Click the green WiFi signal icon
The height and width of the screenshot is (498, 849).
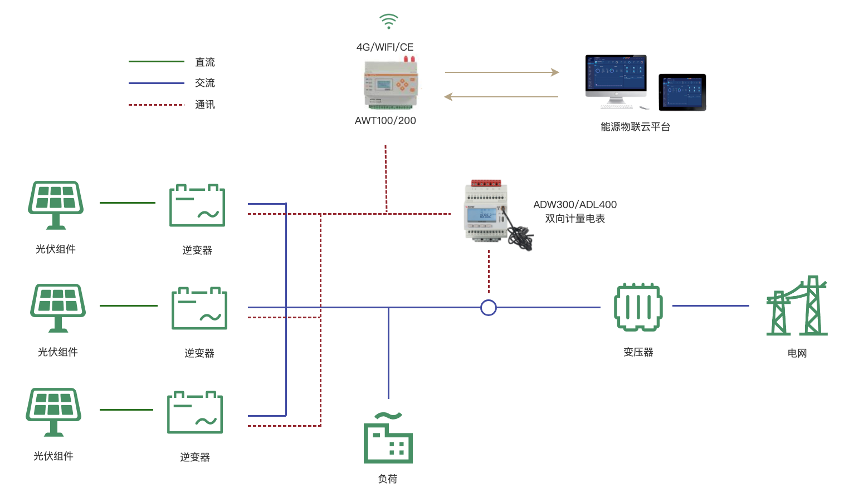[388, 22]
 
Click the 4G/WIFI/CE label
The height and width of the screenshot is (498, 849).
[385, 47]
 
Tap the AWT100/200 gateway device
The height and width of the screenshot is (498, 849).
[391, 83]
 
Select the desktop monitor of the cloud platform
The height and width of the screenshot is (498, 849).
[616, 79]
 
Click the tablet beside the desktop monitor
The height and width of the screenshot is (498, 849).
[682, 92]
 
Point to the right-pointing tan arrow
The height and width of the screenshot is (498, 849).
[501, 72]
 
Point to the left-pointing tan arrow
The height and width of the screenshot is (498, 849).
[501, 97]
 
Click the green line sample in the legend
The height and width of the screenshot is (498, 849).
[156, 62]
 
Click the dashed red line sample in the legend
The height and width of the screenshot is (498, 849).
[156, 105]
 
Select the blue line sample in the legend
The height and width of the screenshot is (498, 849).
[156, 83]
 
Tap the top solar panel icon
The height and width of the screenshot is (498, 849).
[56, 204]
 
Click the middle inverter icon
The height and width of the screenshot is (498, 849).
[199, 308]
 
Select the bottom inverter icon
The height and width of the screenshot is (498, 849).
[195, 412]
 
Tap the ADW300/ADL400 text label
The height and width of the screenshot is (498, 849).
[575, 205]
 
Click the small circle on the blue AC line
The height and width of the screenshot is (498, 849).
[489, 308]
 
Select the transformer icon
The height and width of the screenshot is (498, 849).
[638, 307]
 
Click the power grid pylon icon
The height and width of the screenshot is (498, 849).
[797, 306]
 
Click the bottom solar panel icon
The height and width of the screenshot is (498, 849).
[53, 412]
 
